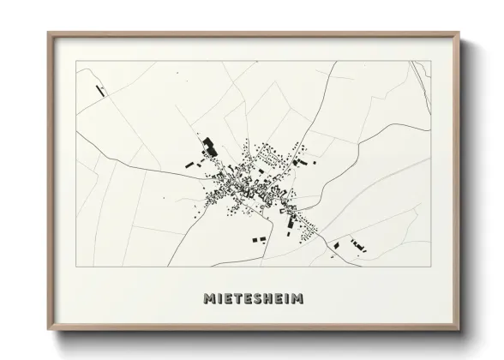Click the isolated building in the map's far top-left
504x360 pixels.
(102, 89)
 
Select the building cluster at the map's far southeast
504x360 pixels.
(354, 246)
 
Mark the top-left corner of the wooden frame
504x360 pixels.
(48, 33)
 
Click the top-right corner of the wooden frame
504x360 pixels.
(460, 33)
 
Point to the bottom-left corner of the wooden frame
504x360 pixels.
(48, 332)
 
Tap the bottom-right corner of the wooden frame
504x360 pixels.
(460, 332)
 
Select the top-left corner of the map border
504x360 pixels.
(77, 61)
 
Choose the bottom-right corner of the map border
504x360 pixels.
(430, 266)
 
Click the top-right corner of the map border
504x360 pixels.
(430, 61)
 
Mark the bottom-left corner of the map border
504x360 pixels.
(77, 266)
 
